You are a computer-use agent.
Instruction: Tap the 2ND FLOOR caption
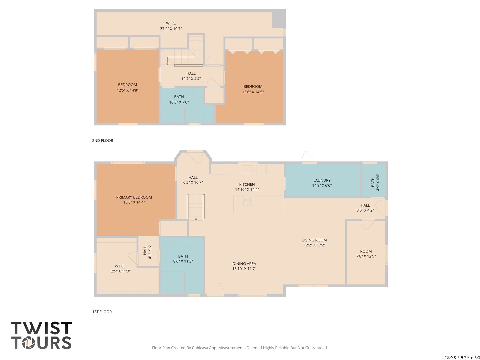click(x=103, y=141)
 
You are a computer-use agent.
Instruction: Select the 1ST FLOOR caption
click(x=102, y=312)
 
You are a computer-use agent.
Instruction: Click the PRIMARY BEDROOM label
click(x=134, y=197)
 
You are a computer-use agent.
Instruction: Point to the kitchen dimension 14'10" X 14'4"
click(x=247, y=190)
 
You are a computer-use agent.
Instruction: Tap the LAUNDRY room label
click(x=322, y=180)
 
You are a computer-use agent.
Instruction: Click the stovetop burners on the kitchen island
click(x=248, y=201)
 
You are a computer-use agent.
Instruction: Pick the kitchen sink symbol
click(x=247, y=169)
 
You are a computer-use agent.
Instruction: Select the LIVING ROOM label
click(x=314, y=240)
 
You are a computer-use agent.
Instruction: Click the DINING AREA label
click(x=244, y=264)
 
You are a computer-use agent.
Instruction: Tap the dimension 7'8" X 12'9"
click(x=366, y=256)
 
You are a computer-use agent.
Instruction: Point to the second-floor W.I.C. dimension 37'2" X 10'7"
click(x=171, y=29)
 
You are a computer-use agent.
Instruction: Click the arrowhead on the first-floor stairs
click(x=196, y=219)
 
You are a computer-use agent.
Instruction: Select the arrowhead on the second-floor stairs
click(x=167, y=63)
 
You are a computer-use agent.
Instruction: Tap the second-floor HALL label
click(x=191, y=73)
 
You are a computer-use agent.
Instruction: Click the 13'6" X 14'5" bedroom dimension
click(x=253, y=92)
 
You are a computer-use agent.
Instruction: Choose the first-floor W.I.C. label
click(x=120, y=266)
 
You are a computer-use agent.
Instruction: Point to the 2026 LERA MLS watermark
click(x=462, y=357)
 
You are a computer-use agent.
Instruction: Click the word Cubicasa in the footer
click(x=200, y=348)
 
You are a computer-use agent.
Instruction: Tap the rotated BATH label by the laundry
click(x=373, y=182)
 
